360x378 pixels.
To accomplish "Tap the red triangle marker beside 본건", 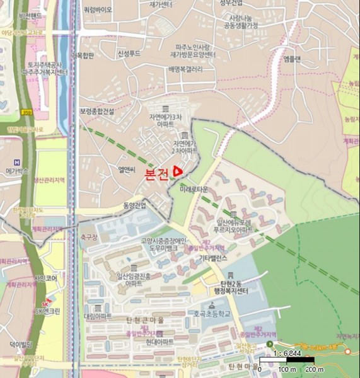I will pyautogui.click(x=178, y=170).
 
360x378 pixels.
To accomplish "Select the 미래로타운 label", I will pyautogui.click(x=194, y=188).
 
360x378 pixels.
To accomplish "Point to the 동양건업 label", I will pyautogui.click(x=134, y=205).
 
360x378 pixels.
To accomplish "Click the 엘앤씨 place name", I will pyautogui.click(x=127, y=169).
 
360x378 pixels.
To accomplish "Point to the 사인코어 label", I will pyautogui.click(x=45, y=278).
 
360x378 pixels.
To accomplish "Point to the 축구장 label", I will pyautogui.click(x=89, y=237).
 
